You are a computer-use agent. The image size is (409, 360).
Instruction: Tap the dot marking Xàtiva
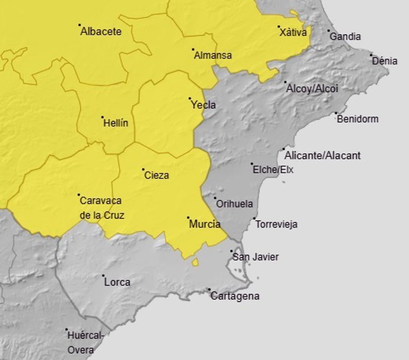pyautogui.click(x=279, y=27)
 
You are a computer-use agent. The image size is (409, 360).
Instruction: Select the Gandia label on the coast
pyautogui.click(x=345, y=37)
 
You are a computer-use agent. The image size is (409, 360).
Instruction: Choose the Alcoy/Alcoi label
pyautogui.click(x=312, y=88)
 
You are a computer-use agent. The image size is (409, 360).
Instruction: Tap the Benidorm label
pyautogui.click(x=357, y=119)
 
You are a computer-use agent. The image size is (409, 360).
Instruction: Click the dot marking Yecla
pyautogui.click(x=190, y=98)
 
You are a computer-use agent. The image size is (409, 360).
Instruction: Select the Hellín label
pyautogui.click(x=116, y=123)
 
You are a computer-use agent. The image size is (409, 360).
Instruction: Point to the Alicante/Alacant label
pyautogui.click(x=322, y=155)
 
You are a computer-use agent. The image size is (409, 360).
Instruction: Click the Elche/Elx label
pyautogui.click(x=273, y=170)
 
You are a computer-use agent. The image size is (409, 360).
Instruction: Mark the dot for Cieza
pyautogui.click(x=143, y=170)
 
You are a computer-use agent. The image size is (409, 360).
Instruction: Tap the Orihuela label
pyautogui.click(x=234, y=204)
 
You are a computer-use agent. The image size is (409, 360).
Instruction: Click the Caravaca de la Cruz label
pyautogui.click(x=102, y=208)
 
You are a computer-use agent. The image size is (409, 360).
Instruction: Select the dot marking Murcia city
pyautogui.click(x=188, y=218)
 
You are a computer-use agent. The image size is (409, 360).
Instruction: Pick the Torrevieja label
pyautogui.click(x=277, y=224)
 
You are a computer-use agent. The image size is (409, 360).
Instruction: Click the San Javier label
pyautogui.click(x=255, y=257)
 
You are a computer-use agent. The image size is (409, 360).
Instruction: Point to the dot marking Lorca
pyautogui.click(x=103, y=276)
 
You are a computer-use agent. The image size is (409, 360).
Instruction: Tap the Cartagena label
pyautogui.click(x=235, y=296)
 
